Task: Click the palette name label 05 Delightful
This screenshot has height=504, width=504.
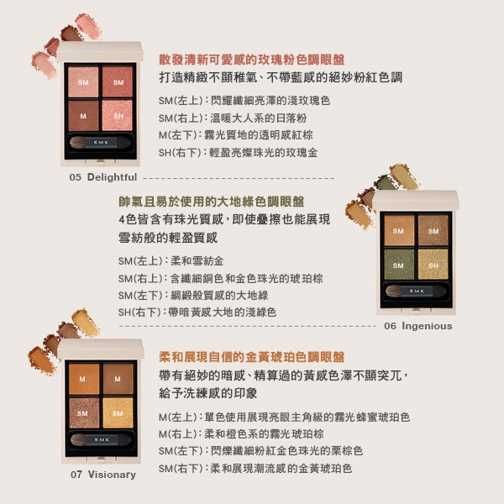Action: coord(103,177)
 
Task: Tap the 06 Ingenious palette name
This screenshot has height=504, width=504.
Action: coord(417,326)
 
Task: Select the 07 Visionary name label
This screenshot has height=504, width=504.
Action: coord(103,475)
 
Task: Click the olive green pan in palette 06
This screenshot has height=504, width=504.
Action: coord(399,265)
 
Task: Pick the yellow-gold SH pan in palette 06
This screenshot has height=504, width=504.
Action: coord(433,265)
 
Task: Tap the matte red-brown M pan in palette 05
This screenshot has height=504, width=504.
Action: coord(83,116)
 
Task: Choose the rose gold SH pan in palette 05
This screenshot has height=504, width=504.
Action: coord(118,116)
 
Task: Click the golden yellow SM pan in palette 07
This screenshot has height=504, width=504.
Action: coord(118,413)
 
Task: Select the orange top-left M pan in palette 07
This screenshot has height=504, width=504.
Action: coord(84,379)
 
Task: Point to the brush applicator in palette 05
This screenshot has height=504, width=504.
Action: coord(100,143)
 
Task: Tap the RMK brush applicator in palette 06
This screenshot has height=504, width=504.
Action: coord(416,291)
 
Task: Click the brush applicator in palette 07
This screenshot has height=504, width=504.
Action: coord(101,439)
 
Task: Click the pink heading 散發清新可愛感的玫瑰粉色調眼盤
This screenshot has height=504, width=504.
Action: coord(252,60)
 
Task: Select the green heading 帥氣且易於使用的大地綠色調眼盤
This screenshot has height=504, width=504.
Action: coord(212,202)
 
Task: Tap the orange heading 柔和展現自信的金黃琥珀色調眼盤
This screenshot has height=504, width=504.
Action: coord(252,357)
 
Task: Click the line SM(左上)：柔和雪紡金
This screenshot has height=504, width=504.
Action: coord(171,261)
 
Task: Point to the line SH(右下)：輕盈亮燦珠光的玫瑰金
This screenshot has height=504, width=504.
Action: coord(239,152)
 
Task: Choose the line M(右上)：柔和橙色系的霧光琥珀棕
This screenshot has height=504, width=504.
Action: coord(241,434)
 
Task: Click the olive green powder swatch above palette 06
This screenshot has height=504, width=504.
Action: coord(386,182)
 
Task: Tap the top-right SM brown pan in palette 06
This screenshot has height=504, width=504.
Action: coord(433,230)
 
